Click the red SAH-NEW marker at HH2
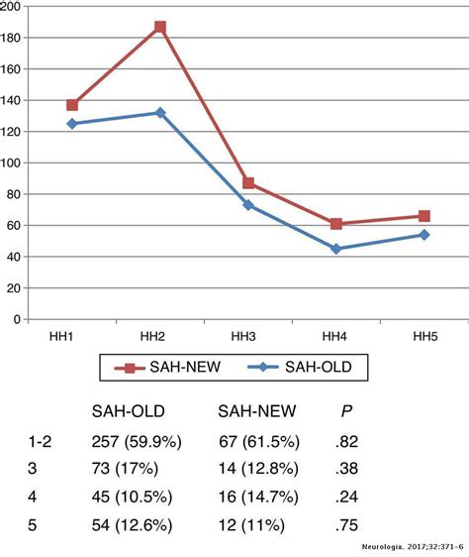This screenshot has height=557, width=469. click(160, 27)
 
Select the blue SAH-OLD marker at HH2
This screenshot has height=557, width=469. click(160, 113)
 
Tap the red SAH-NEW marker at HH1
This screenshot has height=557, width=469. click(72, 105)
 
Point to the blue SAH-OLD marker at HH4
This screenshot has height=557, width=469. click(336, 249)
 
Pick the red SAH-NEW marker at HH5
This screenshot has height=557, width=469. click(423, 216)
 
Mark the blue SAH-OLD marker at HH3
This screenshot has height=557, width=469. click(248, 205)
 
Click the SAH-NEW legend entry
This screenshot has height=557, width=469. click(172, 369)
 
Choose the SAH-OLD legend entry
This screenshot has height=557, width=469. click(307, 369)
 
